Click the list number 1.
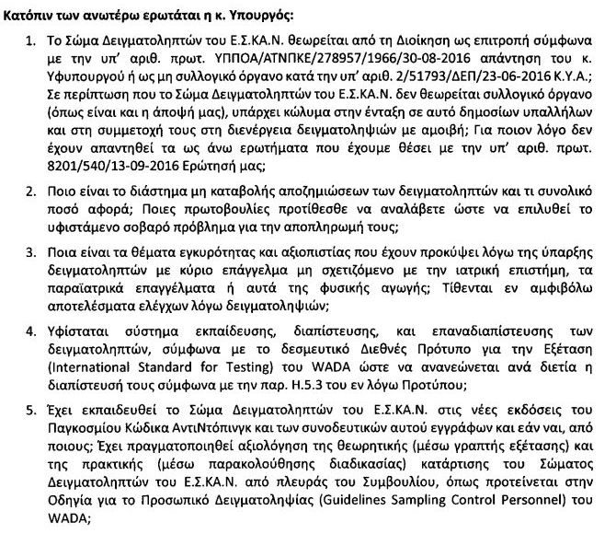tap(30, 41)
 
